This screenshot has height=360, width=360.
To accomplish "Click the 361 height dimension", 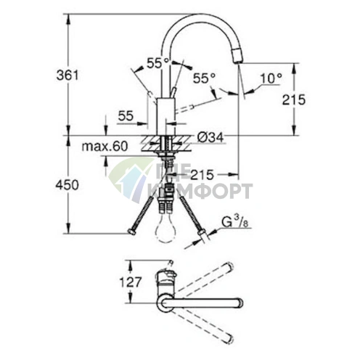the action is (67, 75).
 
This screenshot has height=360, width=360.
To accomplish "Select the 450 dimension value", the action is (67, 185).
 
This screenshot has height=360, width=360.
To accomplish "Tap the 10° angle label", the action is (271, 78).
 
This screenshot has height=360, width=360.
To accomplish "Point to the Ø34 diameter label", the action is (210, 138).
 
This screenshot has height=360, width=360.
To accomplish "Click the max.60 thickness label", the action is (105, 147).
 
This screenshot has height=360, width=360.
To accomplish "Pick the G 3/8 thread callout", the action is (235, 223).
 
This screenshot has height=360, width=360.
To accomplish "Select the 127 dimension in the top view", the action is (130, 282).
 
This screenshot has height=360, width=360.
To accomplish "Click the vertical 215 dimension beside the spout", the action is (294, 99).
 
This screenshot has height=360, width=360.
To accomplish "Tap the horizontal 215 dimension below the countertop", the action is (202, 175).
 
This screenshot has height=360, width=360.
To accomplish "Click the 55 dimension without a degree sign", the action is (126, 116).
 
